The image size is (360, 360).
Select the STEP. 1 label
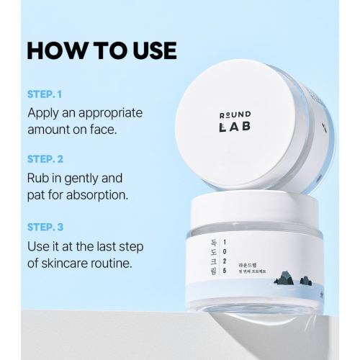pyautogui.click(x=45, y=94)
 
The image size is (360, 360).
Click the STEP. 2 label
pyautogui.click(x=45, y=159)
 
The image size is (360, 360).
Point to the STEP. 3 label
pyautogui.click(x=45, y=227)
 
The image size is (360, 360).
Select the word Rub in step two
pyautogui.click(x=39, y=178)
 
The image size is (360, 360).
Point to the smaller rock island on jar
pyautogui.click(x=305, y=281)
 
